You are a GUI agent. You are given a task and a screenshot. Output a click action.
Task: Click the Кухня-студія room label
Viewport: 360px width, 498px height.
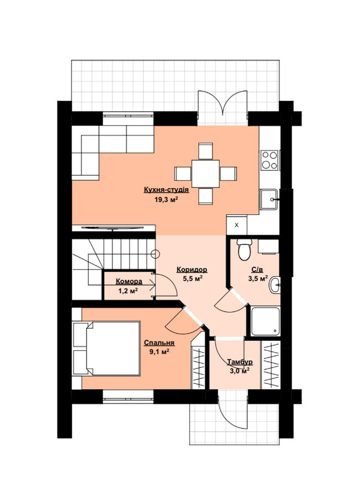tap(166, 190)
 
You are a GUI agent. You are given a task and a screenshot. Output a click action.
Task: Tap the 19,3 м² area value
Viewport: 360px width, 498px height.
tap(166, 199)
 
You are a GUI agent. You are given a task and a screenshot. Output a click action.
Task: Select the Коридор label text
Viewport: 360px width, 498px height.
tap(192, 269)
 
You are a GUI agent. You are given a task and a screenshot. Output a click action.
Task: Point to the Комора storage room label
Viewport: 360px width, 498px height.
tap(129, 282)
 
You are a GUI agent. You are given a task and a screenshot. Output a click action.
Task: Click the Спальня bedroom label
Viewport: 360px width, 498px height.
tap(159, 343)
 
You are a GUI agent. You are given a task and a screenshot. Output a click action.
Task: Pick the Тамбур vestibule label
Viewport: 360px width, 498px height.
tap(240, 362)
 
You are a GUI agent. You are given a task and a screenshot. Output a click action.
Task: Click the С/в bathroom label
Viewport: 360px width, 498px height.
tap(258, 270)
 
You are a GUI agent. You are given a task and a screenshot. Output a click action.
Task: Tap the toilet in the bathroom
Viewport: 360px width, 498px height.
tap(245, 250)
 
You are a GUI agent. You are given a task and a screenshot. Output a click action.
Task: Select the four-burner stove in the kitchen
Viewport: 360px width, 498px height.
tap(270, 160)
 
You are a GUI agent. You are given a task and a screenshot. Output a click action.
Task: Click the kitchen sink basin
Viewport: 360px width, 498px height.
tap(269, 199)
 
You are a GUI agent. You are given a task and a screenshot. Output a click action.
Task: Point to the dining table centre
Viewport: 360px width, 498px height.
tap(205, 173)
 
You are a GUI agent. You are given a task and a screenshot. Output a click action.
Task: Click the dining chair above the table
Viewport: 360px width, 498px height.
tap(205, 151)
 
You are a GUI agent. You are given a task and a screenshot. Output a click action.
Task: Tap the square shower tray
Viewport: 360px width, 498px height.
tap(265, 321)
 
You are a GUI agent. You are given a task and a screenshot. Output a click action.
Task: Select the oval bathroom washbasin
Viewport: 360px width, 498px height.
tap(275, 285)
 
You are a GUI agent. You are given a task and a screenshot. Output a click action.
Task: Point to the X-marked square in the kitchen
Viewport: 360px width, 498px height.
tap(236, 225)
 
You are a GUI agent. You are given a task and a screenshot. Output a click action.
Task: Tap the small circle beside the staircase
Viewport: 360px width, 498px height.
tap(155, 254)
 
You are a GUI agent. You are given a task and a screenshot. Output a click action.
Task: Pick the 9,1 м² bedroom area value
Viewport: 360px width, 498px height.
tap(159, 352)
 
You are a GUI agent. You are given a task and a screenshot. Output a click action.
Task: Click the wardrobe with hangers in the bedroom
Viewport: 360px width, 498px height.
tap(198, 367)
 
